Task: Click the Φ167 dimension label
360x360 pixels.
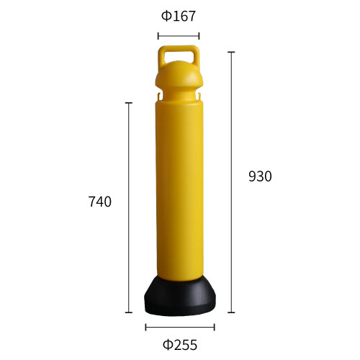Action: [179, 17]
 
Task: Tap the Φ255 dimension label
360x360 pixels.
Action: [180, 345]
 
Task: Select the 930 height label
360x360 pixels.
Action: [260, 176]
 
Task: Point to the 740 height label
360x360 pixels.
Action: [100, 202]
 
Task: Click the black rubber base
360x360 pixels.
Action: [180, 297]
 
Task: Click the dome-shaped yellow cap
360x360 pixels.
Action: [179, 76]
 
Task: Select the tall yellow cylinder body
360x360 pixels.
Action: [179, 189]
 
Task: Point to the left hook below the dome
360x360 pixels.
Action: [158, 96]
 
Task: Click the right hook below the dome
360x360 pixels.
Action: [199, 96]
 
